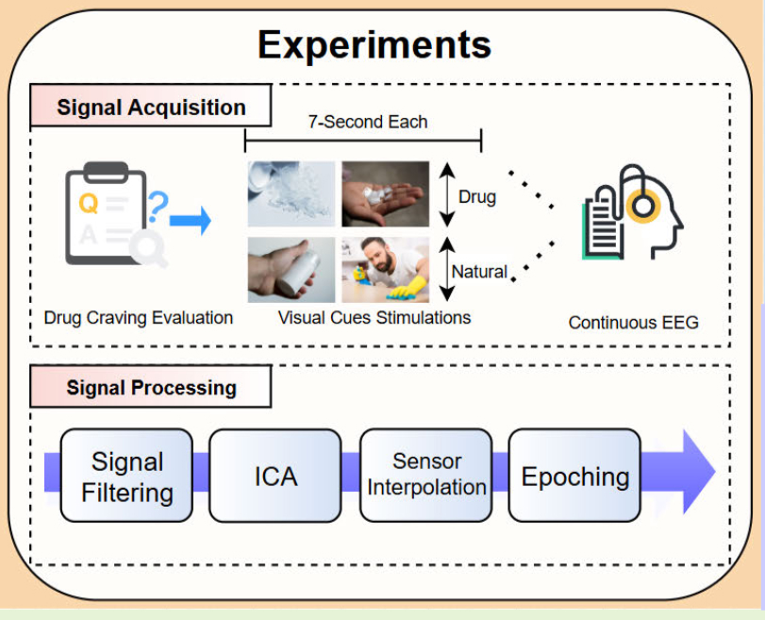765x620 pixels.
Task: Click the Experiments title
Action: pos(374,44)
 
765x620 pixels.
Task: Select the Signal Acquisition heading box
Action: pos(151,107)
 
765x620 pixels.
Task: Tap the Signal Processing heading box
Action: pos(151,387)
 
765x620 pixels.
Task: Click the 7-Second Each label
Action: pos(367,122)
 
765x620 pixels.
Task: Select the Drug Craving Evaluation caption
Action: pos(139,317)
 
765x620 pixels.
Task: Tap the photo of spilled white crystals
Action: pos(291,193)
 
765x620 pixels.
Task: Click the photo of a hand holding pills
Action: pos(385,193)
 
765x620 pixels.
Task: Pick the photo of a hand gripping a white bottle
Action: pos(291,270)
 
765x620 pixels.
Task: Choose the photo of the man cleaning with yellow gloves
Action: pos(385,270)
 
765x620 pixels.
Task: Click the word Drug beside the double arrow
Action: pos(477,197)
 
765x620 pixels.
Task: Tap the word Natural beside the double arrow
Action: pos(479,272)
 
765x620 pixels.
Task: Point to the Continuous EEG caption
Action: pos(633,323)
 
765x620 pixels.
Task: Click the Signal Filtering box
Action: pos(126,476)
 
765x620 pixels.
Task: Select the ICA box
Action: pos(274,476)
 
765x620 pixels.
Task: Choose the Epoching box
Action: pos(574,476)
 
